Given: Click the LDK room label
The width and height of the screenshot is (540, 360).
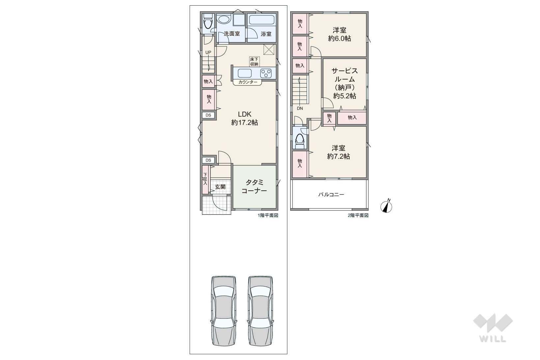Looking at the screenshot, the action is click(x=245, y=114).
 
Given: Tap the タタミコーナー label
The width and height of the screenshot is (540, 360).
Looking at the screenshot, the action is click(x=254, y=186).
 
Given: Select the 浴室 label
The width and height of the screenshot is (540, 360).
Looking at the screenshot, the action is click(x=266, y=34).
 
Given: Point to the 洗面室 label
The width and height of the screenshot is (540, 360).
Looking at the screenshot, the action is click(x=232, y=34).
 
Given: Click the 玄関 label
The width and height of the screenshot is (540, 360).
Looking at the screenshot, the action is click(x=220, y=187).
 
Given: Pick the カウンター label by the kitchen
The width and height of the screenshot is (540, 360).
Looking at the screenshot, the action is click(x=248, y=82).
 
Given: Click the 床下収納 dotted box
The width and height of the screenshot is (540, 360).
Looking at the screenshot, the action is click(x=254, y=62).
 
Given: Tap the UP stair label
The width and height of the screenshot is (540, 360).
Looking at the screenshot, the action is click(x=208, y=52).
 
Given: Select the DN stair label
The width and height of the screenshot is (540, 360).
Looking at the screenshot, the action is click(x=300, y=108).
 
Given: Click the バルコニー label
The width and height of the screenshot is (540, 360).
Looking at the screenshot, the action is click(x=331, y=194).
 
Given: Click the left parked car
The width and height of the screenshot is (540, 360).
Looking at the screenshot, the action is click(x=224, y=311).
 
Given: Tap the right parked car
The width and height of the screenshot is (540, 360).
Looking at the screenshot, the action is click(x=261, y=311).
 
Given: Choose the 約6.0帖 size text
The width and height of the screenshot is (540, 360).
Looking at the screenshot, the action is click(x=339, y=39).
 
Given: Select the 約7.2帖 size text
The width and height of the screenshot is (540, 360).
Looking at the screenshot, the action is click(x=338, y=156).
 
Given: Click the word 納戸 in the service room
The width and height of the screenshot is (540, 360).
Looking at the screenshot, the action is click(x=345, y=88).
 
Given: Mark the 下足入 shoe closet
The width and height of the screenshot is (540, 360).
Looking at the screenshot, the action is click(x=205, y=180).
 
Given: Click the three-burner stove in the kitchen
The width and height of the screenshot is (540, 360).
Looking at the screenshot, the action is click(x=266, y=73).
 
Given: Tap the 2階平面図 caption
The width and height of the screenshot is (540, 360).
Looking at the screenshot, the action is click(x=358, y=215).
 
